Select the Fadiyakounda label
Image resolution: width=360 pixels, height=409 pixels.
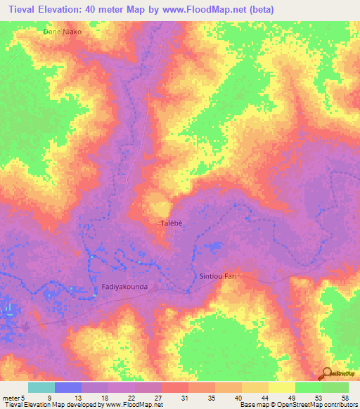(x=124, y=287)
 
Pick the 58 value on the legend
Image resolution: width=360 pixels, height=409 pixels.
(x=345, y=397)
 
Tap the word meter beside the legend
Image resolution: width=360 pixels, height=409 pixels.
(x=10, y=397)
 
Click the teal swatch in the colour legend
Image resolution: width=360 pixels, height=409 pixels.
(x=41, y=387)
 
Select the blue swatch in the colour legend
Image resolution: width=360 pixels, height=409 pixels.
(x=67, y=387)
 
